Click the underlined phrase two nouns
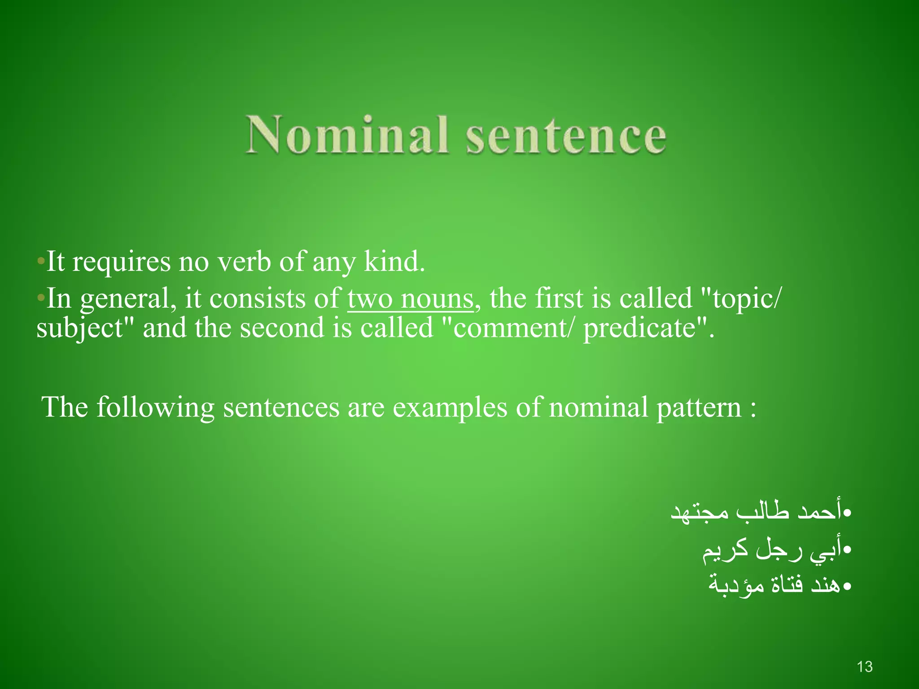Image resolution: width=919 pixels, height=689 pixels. click(x=411, y=299)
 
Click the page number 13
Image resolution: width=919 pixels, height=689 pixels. click(x=865, y=667)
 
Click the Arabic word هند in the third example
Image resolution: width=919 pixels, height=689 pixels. click(x=825, y=585)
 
